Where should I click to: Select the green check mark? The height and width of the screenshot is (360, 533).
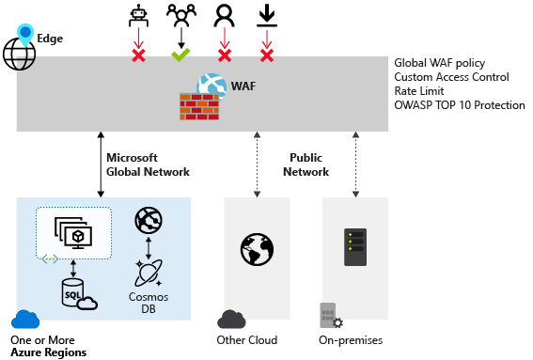[x=180, y=55]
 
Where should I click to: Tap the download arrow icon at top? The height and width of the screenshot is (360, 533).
[x=267, y=15]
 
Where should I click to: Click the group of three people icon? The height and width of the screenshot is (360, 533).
[x=180, y=15]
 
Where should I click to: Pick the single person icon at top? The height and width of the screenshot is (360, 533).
[x=224, y=15]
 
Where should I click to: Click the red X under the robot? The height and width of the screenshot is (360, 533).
[x=138, y=55]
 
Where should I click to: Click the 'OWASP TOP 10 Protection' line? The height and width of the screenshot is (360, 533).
[x=460, y=105]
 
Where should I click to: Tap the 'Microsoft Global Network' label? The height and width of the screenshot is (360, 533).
[x=148, y=164]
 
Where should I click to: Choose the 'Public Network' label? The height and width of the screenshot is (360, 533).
[x=306, y=164]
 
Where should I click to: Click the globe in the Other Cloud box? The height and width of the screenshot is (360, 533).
[x=256, y=250]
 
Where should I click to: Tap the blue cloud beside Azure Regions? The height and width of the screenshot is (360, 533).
[x=24, y=320]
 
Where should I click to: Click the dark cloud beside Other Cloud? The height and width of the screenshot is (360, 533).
[x=231, y=320]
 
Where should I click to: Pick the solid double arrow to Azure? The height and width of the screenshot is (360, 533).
[x=99, y=164]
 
